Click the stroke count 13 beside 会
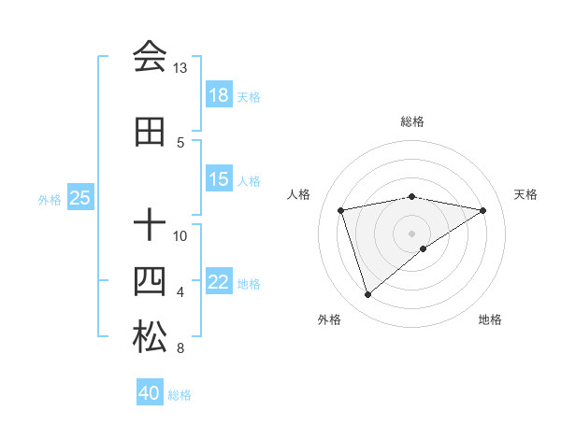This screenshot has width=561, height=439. click(180, 68)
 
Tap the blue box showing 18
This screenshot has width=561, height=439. click(219, 95)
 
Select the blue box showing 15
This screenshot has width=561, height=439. click(219, 179)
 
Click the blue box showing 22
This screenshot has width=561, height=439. click(219, 282)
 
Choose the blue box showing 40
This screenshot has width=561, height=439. click(150, 393)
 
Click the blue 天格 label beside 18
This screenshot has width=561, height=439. click(249, 96)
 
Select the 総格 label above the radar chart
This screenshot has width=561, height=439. click(411, 121)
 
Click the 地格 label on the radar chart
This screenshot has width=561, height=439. click(490, 319)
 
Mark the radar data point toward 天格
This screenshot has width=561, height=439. click(482, 210)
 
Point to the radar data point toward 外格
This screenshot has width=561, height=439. click(367, 295)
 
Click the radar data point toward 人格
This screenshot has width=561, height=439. click(341, 209)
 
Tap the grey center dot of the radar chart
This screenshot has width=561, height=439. click(411, 233)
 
